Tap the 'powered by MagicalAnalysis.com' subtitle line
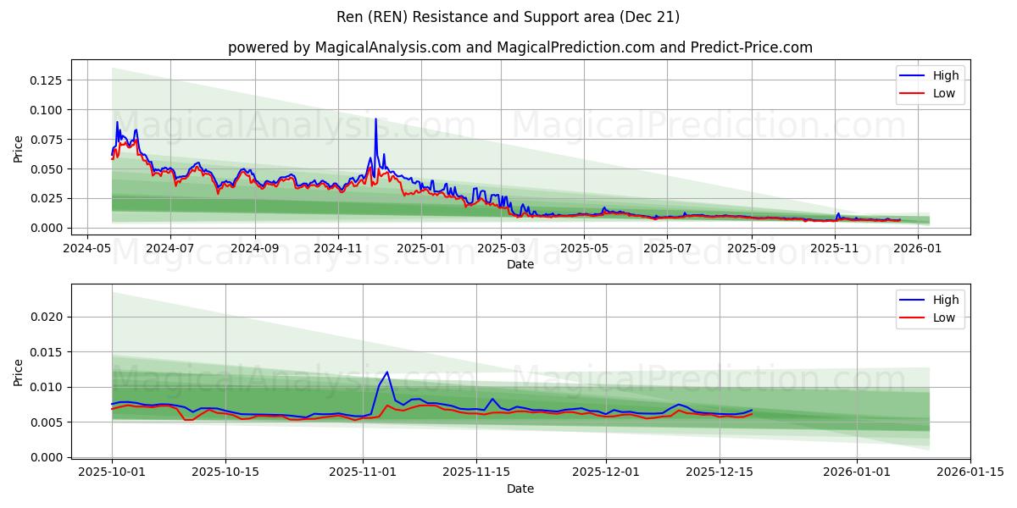tap(520, 47)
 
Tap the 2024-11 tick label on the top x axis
tap(338, 249)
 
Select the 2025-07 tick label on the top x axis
tap(670, 249)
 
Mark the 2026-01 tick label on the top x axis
tap(919, 249)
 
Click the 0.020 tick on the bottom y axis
tap(47, 317)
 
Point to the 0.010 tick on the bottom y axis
tap(47, 387)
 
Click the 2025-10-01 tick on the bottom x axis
tap(112, 472)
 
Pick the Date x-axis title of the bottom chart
tap(520, 489)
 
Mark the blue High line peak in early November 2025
tap(387, 372)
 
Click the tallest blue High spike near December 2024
tap(375, 119)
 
